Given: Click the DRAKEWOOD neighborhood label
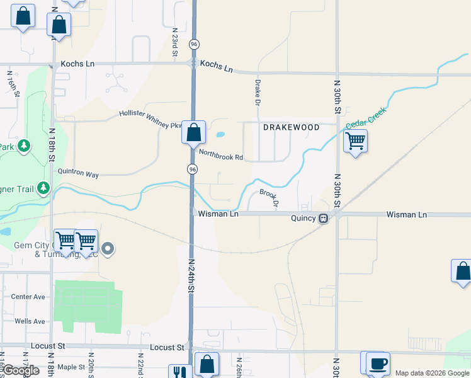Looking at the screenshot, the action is click(291, 127).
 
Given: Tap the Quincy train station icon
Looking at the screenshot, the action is click(323, 219).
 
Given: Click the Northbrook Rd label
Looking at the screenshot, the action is click(220, 154).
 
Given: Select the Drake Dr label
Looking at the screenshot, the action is click(258, 92).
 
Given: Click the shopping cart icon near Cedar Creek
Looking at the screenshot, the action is click(356, 140).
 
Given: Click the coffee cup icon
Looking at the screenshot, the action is click(378, 364).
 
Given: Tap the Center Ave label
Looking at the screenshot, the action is click(28, 297).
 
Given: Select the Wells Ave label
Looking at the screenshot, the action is click(30, 321).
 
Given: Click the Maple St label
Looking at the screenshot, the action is click(71, 367).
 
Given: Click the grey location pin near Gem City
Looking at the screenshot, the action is click(108, 249).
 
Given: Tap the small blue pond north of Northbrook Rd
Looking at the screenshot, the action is click(220, 134).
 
